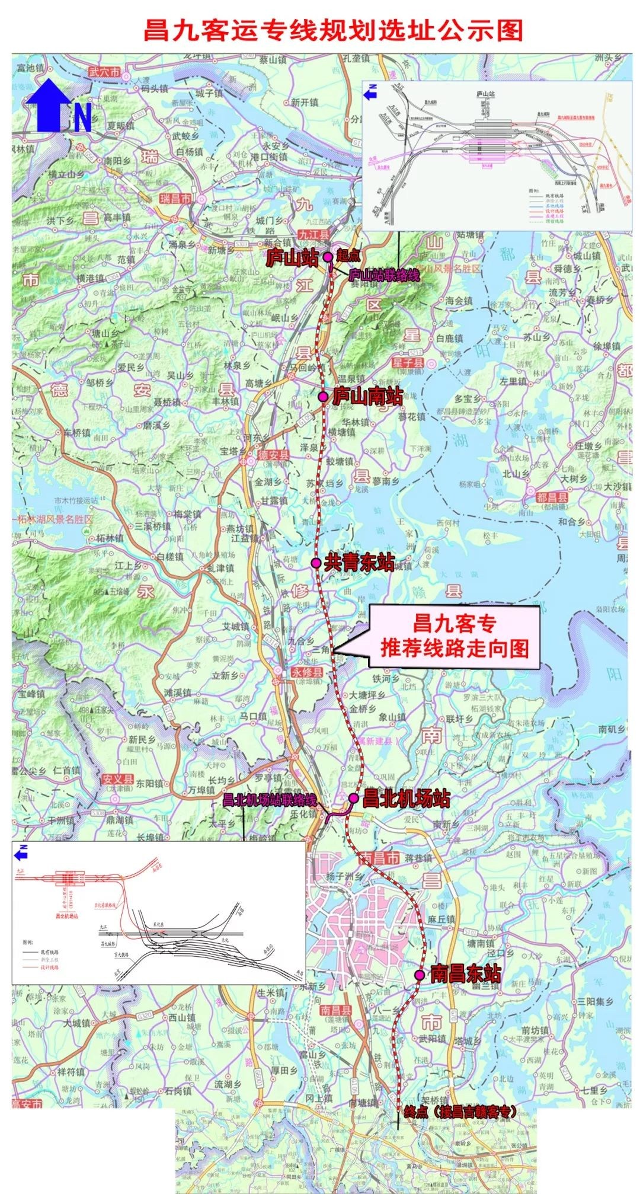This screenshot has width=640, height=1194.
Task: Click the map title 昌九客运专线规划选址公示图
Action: coord(333,30)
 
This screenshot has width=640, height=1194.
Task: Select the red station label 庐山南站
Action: coord(367,396)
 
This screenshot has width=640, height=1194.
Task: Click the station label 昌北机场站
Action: coord(407,799)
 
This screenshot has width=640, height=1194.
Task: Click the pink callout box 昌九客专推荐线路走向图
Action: coord(454,637)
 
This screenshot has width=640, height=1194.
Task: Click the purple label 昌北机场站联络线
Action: coord(270,799)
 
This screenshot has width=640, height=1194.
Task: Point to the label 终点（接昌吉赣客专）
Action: coord(460,1111)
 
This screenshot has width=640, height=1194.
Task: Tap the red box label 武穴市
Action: coord(104,72)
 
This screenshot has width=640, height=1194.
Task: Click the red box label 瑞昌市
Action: coord(175,199)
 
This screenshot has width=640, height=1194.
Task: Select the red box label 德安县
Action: coord(273,455)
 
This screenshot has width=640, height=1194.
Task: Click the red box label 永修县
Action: coord(308,672)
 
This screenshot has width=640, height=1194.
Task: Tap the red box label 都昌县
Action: coord(552,497)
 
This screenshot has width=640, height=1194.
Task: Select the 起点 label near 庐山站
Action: coord(348,256)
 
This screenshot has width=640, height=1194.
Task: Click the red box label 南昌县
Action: coord(335,1010)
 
